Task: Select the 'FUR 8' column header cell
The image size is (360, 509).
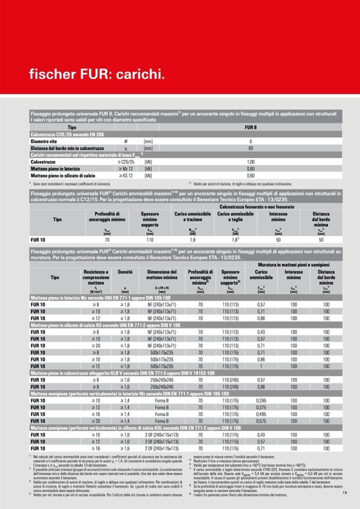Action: pyautogui.click(x=251, y=127)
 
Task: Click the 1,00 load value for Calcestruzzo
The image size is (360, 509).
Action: pyautogui.click(x=251, y=161)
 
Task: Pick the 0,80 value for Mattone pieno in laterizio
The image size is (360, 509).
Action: pyautogui.click(x=251, y=168)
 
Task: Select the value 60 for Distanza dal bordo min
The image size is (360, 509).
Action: pyautogui.click(x=251, y=148)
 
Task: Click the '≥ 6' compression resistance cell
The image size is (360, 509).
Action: pyautogui.click(x=96, y=380)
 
